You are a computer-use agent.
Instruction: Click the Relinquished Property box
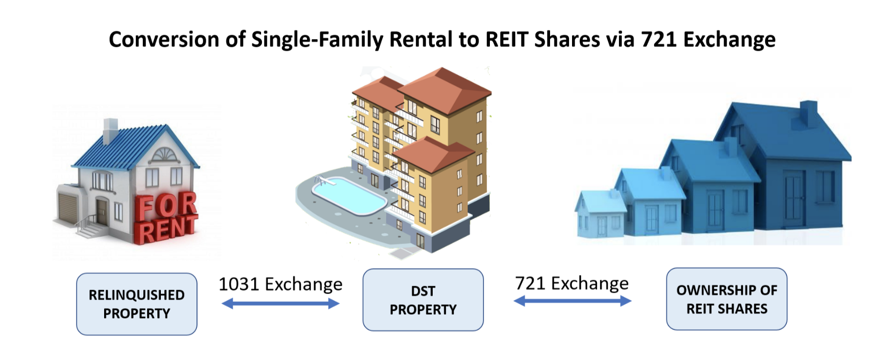pos(136,304)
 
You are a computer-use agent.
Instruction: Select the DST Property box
pos(423,300)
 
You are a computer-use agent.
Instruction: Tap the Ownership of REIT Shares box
pos(727,299)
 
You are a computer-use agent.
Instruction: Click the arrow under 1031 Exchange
pos(280,304)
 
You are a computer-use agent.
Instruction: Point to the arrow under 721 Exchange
pos(572,301)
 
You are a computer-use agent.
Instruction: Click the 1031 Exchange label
pos(280,284)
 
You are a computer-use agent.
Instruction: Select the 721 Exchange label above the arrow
pos(572,283)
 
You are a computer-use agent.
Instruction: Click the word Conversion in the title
pos(164,39)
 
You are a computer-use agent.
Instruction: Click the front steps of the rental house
pos(90,228)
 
